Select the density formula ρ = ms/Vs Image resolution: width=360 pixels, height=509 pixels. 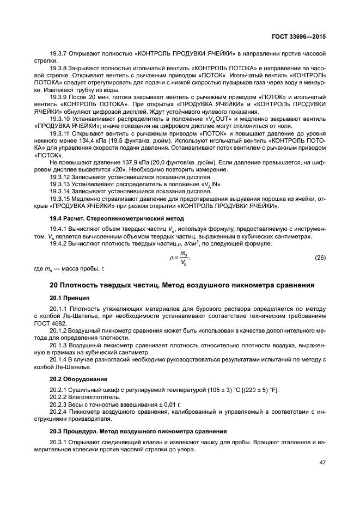point(179,257)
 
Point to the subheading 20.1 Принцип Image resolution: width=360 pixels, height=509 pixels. point(71,298)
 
